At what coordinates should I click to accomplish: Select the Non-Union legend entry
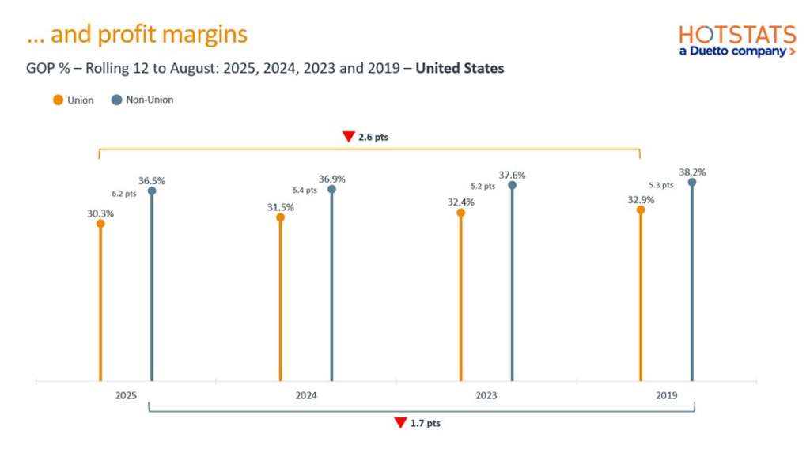pyautogui.click(x=142, y=100)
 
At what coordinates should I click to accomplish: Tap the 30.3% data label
pyautogui.click(x=100, y=213)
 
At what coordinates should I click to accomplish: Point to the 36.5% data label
pyautogui.click(x=151, y=180)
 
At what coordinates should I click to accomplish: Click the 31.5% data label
pyautogui.click(x=280, y=207)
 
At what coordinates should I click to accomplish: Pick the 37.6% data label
pyautogui.click(x=512, y=175)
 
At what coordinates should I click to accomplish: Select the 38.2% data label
pyautogui.click(x=691, y=172)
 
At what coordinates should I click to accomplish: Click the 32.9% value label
pyautogui.click(x=641, y=200)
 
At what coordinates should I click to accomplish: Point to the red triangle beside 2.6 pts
pyautogui.click(x=347, y=137)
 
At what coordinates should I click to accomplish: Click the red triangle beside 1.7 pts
pyautogui.click(x=400, y=423)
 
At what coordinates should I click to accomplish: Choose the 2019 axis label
pyautogui.click(x=666, y=395)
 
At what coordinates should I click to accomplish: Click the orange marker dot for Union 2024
pyautogui.click(x=280, y=217)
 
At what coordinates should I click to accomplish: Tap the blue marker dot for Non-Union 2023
pyautogui.click(x=512, y=185)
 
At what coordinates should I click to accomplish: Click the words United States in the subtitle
pyautogui.click(x=460, y=68)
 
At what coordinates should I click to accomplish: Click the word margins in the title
pyautogui.click(x=209, y=35)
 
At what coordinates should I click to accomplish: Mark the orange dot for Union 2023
pyautogui.click(x=460, y=213)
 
